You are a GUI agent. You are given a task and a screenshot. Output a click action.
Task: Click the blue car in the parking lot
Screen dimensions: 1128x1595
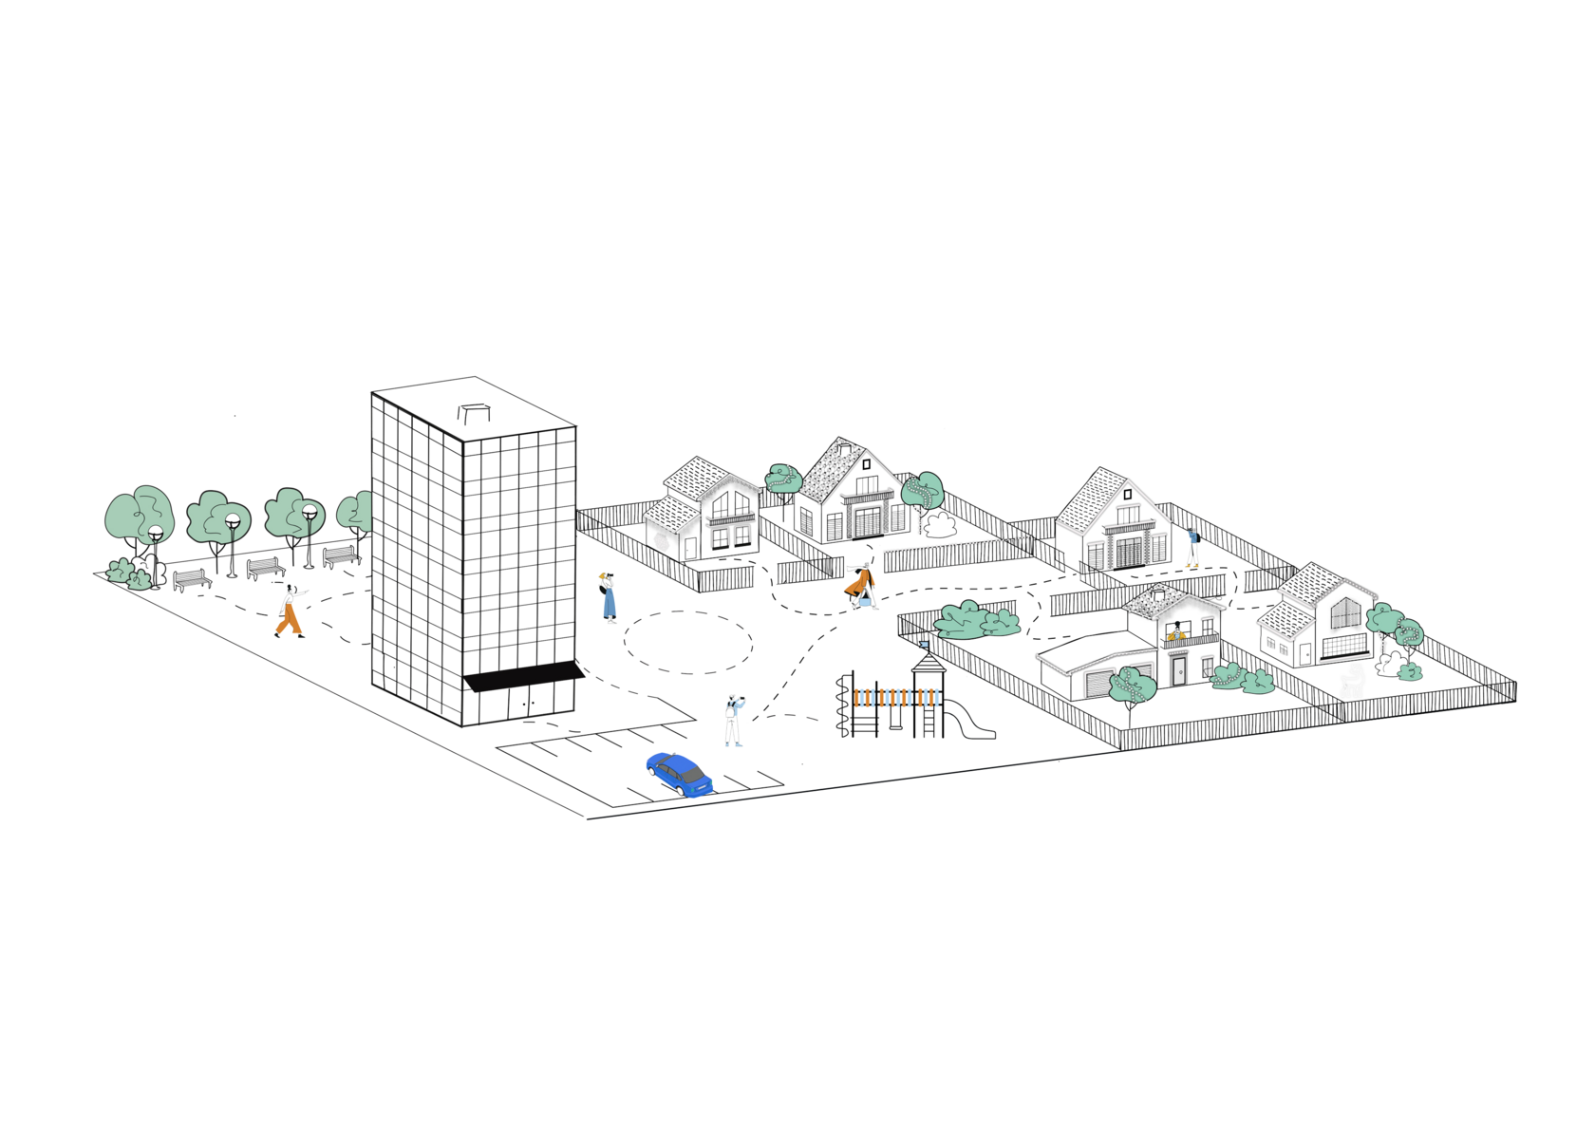click(x=679, y=774)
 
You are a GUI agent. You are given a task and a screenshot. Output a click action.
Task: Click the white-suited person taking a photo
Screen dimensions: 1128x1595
click(x=733, y=720)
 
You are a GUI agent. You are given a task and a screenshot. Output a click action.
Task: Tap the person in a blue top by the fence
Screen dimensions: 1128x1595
click(x=1192, y=545)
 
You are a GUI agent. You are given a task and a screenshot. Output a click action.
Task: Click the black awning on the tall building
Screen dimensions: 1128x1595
click(x=523, y=679)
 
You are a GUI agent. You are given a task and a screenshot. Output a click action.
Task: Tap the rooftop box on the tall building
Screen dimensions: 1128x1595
click(x=473, y=411)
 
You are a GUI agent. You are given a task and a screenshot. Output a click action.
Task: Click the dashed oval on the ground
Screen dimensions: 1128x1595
click(x=688, y=643)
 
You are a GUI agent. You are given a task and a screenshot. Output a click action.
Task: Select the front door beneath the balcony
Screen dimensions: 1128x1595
click(x=1178, y=670)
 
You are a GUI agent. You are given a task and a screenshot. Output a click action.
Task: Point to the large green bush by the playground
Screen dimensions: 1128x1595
click(x=976, y=619)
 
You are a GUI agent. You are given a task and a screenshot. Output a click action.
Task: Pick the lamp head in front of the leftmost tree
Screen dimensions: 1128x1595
click(x=156, y=533)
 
